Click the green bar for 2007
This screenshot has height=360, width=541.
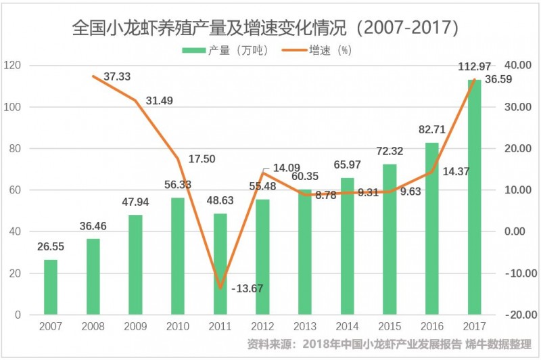click(51, 287)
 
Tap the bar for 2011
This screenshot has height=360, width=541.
click(220, 264)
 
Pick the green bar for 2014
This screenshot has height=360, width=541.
click(347, 246)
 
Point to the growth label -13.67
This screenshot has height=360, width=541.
click(248, 288)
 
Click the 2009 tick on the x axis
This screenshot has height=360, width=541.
click(135, 327)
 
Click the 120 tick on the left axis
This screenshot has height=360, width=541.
click(14, 66)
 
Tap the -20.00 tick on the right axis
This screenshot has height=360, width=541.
click(517, 315)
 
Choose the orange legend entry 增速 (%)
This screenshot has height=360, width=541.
click(329, 50)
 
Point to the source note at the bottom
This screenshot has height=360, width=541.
click(390, 344)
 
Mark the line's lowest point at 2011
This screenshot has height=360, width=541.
click(220, 288)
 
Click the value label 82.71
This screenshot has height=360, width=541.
click(432, 129)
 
